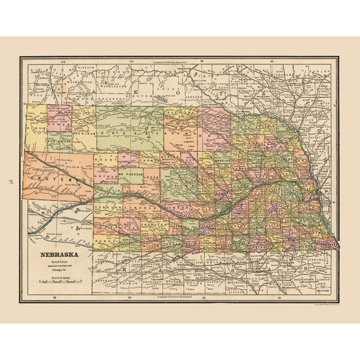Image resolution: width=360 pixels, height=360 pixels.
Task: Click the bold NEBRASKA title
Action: (59, 254)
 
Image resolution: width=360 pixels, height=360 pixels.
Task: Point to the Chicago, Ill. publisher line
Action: (59, 269)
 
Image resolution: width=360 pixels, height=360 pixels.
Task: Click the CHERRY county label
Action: (131, 133)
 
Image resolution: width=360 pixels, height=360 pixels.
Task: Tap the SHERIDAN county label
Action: (84, 133)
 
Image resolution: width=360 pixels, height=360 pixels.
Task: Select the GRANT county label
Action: (102, 160)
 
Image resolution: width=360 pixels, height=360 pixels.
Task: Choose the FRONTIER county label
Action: (153, 222)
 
